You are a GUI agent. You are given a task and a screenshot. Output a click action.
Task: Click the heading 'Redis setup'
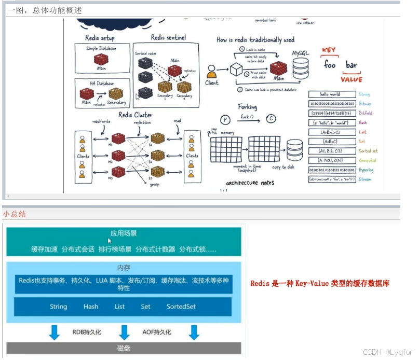100,38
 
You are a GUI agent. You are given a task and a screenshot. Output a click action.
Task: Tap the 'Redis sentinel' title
168,37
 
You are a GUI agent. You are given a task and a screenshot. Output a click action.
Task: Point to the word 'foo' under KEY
330,65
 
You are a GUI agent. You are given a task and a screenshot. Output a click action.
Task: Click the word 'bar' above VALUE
352,65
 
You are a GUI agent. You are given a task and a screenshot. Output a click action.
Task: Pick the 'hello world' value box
330,94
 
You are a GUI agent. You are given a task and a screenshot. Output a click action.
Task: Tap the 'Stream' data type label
364,179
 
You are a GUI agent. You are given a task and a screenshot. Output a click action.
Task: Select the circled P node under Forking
225,119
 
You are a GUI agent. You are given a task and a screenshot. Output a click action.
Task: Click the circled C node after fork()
271,119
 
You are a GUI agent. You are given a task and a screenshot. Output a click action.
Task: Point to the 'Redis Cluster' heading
136,115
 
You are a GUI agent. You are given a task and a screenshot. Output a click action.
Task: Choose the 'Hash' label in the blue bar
91,307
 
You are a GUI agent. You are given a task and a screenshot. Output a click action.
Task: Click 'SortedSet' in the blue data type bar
181,307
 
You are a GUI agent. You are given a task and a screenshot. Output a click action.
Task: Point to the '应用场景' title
124,233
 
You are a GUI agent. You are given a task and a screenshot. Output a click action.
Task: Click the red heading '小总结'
14,214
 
